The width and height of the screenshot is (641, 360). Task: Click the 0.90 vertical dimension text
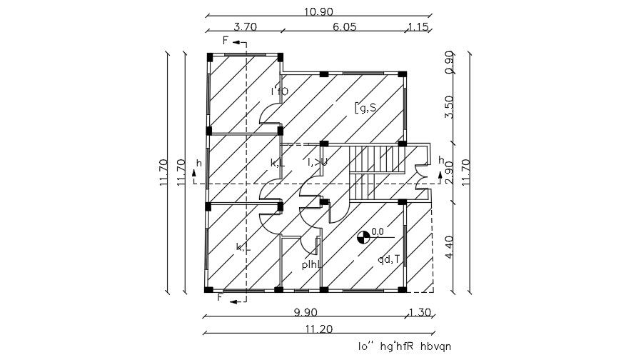click(449, 61)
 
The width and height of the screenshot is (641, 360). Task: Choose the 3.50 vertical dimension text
click(449, 106)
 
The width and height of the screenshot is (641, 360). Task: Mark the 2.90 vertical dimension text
click(449, 172)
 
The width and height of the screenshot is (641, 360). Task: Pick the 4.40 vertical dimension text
click(449, 247)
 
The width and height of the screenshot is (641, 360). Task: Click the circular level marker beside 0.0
click(363, 235)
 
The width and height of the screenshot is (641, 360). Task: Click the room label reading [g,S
click(365, 108)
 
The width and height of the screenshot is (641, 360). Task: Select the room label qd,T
click(390, 259)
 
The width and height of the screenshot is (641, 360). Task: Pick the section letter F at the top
click(226, 41)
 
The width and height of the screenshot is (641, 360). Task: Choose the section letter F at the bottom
click(221, 297)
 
